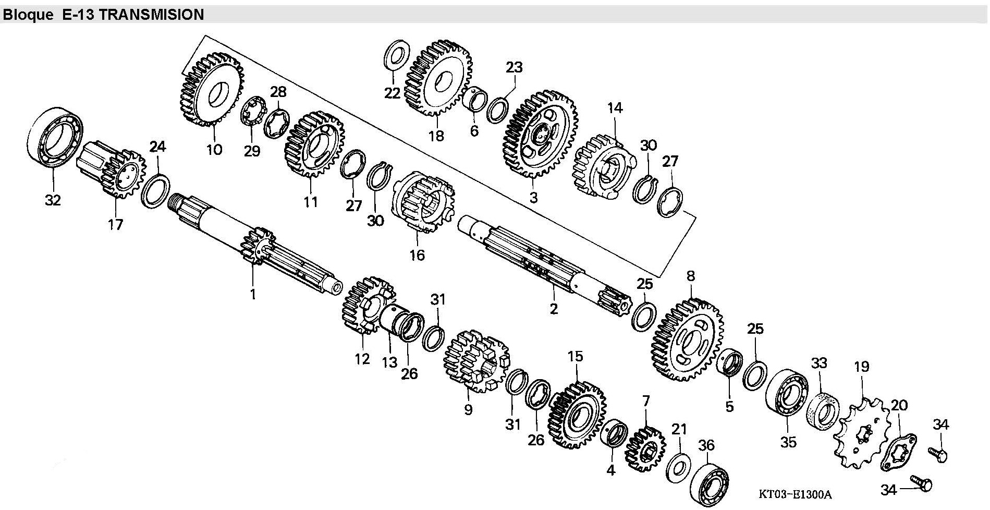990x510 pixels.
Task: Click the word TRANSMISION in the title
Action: pos(151,15)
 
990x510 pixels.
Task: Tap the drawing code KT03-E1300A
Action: pos(795,494)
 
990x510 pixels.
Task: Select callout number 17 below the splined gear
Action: pos(115,224)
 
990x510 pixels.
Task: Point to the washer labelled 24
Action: pos(155,191)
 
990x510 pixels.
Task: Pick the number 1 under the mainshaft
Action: pos(253,294)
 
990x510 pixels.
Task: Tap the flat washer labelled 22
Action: pos(397,57)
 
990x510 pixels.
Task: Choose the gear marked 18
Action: pos(438,78)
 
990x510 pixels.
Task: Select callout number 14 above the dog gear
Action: pos(615,108)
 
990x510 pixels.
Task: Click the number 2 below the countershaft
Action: pos(554,309)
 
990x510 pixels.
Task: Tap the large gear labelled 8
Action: pos(687,339)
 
